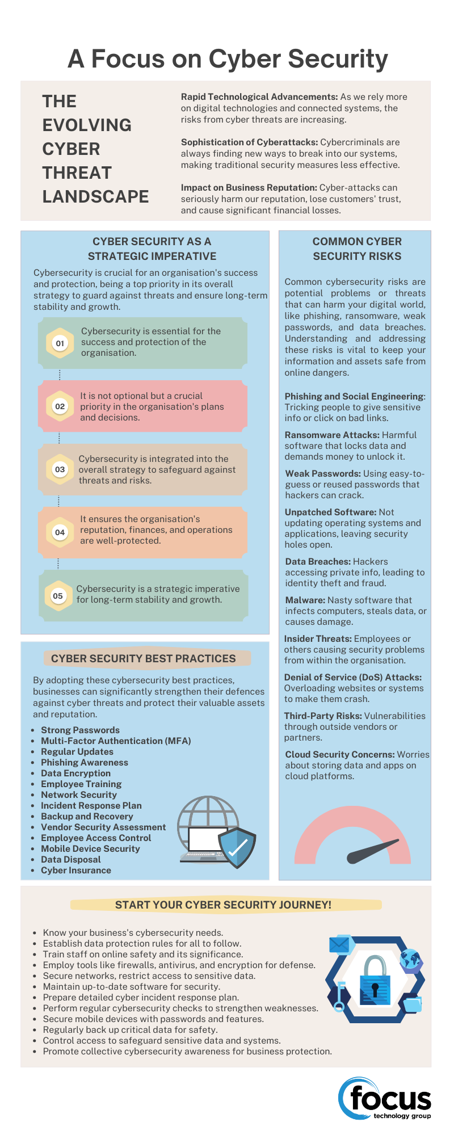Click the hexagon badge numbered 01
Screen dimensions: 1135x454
60,343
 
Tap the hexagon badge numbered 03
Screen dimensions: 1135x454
60,469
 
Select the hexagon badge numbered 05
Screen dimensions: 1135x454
58,596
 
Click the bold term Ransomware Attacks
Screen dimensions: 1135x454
331,435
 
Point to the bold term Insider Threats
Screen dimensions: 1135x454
317,639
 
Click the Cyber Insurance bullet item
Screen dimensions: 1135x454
75,871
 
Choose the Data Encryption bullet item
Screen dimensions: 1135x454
75,774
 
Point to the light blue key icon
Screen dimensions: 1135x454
340,996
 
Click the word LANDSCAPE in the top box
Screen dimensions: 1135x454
95,197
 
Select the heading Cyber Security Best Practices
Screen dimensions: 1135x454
143,659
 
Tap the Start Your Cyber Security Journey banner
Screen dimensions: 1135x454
223,905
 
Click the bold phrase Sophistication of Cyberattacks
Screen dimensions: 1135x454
249,142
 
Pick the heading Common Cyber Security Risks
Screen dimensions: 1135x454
357,249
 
